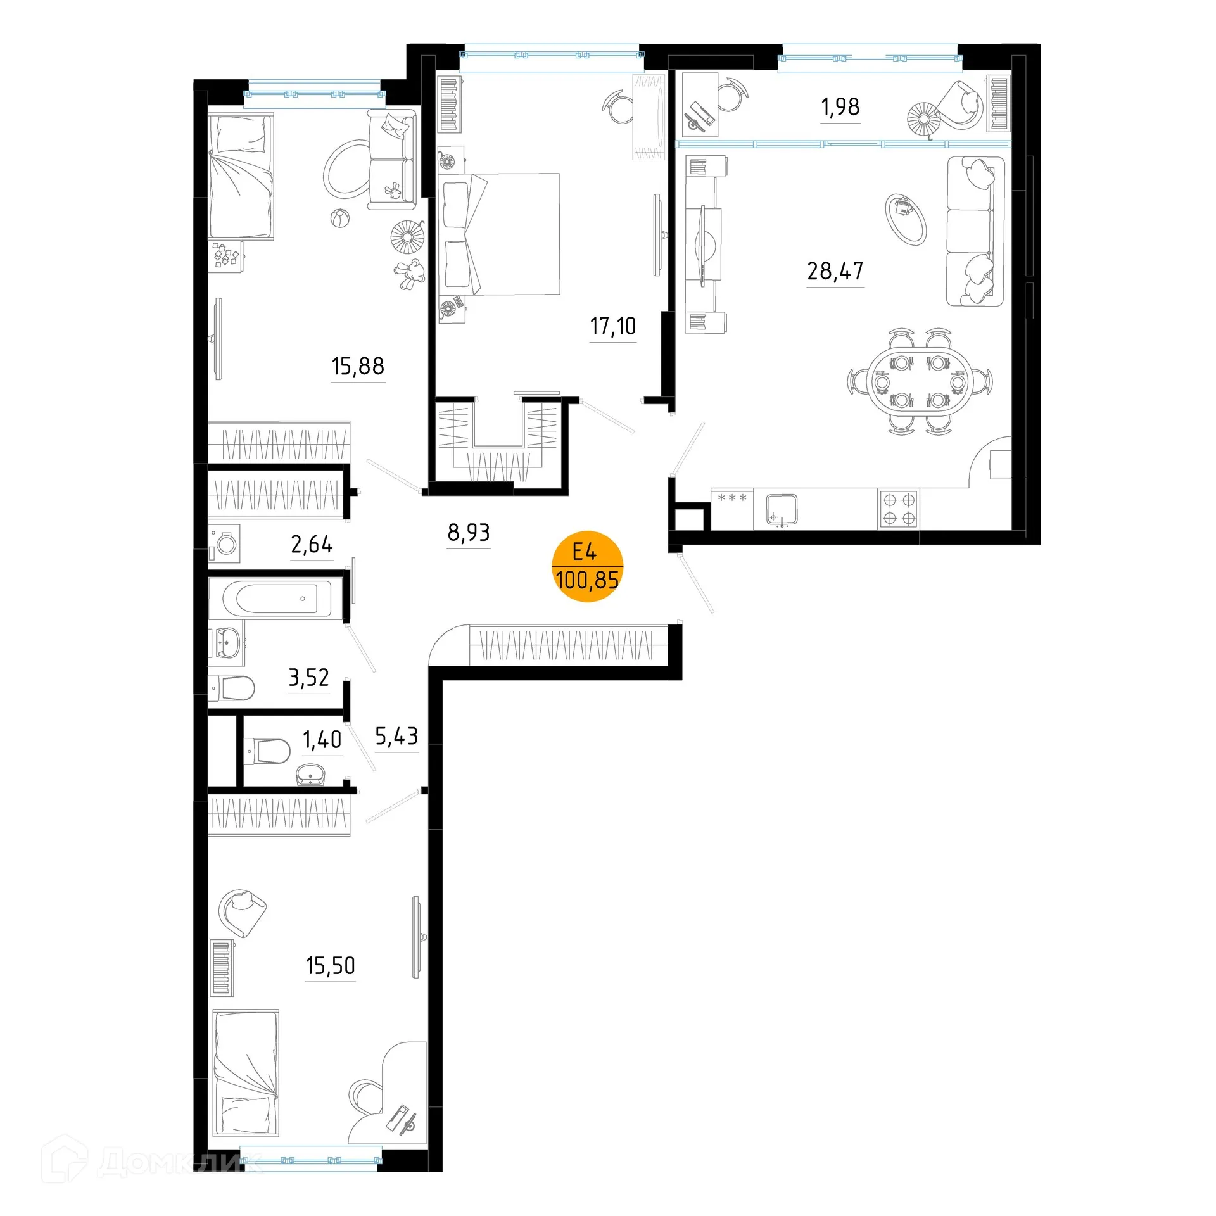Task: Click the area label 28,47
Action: (x=835, y=272)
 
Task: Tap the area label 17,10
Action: (x=612, y=327)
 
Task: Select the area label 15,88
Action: (x=358, y=367)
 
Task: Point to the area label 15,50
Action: (x=330, y=966)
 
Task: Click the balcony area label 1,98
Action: (x=840, y=108)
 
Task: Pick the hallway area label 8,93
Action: (x=469, y=533)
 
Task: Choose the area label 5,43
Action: (x=396, y=737)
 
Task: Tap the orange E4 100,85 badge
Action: (x=587, y=566)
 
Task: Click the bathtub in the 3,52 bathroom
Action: (x=277, y=598)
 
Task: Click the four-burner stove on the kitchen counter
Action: (x=899, y=509)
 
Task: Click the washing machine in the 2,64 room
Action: (x=225, y=543)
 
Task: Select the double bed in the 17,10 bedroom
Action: (x=500, y=234)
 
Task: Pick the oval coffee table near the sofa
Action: (x=906, y=218)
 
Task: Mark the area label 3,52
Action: (x=308, y=678)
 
